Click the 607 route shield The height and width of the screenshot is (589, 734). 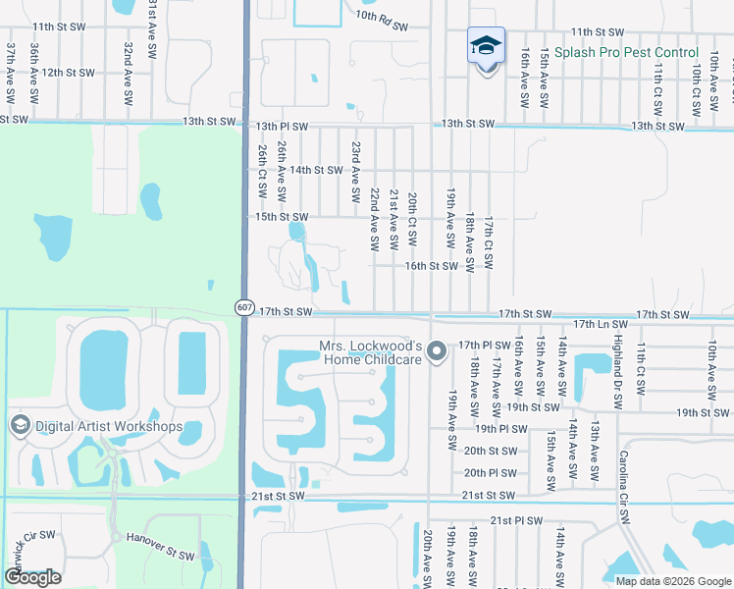[244, 307]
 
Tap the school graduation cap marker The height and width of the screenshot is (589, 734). [486, 47]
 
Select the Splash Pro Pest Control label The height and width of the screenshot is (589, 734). [626, 52]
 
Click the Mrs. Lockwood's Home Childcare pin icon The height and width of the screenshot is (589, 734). [439, 349]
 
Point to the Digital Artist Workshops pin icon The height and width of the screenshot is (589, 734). [19, 425]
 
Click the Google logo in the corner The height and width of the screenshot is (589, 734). [32, 577]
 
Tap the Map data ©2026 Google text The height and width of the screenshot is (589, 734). [672, 581]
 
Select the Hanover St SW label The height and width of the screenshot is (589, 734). [160, 546]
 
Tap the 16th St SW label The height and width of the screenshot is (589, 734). [432, 266]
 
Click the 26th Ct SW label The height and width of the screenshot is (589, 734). [263, 168]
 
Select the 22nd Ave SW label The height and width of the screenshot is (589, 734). [374, 219]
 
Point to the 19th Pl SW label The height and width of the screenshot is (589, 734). [500, 429]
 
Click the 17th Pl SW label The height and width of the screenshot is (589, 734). [483, 345]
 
